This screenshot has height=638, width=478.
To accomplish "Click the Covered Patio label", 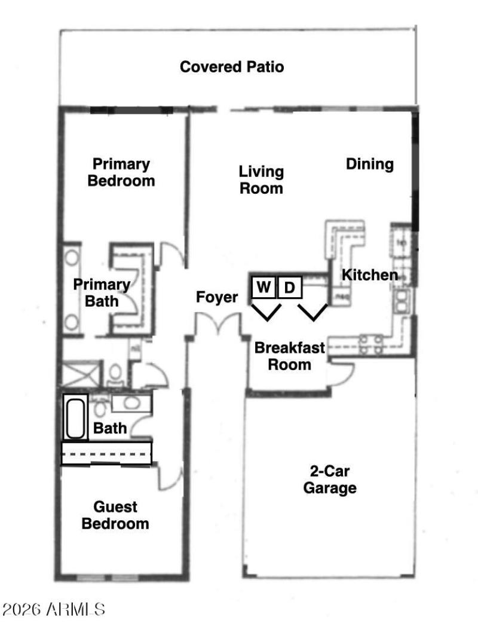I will coord(232,66).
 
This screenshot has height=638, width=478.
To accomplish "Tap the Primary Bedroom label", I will coord(121,172).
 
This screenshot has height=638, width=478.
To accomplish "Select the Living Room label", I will coord(261,180).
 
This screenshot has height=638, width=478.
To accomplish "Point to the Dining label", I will coord(370,164).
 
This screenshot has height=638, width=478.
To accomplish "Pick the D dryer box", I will coord(290,288).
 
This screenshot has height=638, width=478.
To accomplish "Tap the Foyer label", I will coord(217,297).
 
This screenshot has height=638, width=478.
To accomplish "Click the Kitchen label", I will coord(370,275).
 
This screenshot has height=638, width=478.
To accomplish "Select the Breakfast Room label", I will coord(289,356).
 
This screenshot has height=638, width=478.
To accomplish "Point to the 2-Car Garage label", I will coord(330,480).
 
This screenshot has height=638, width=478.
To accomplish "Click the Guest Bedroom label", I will coord(115,515).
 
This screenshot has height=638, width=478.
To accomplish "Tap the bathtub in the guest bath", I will coord(76,417).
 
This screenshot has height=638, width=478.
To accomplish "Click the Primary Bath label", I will coord(101,293).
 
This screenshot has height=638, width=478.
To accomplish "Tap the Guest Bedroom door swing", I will coord(168,478).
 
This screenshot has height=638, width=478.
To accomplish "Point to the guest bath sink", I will coord(131,402).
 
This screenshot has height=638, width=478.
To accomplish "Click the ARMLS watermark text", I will coord(54,610).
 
